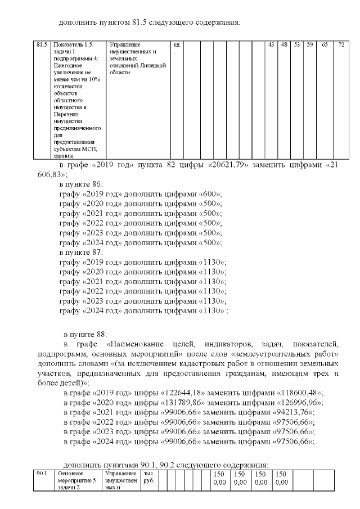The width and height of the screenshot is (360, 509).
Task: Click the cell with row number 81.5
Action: (40, 44)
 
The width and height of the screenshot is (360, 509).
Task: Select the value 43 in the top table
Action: (271, 44)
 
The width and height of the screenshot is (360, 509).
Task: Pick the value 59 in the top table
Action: (309, 44)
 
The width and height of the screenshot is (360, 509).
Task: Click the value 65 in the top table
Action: (325, 44)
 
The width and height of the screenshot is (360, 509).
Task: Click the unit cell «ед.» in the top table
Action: (177, 47)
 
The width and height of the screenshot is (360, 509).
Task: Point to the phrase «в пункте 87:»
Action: (81, 253)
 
